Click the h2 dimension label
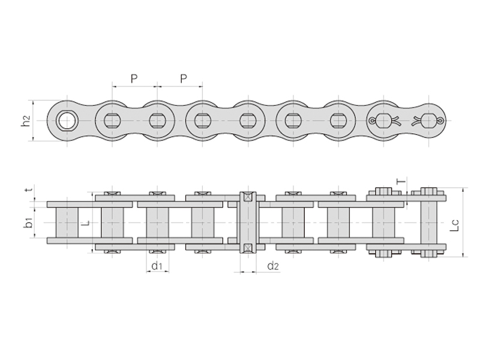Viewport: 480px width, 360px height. pyautogui.click(x=26, y=121)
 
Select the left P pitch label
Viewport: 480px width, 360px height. pyautogui.click(x=134, y=79)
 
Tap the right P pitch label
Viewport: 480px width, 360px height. pyautogui.click(x=184, y=79)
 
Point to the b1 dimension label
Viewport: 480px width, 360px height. pyautogui.click(x=28, y=222)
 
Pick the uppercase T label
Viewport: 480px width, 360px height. pyautogui.click(x=401, y=181)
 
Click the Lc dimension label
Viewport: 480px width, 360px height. pyautogui.click(x=455, y=225)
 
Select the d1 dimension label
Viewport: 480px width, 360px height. pyautogui.click(x=157, y=265)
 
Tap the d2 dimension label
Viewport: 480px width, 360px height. pyautogui.click(x=273, y=265)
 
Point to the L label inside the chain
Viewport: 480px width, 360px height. pyautogui.click(x=86, y=223)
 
